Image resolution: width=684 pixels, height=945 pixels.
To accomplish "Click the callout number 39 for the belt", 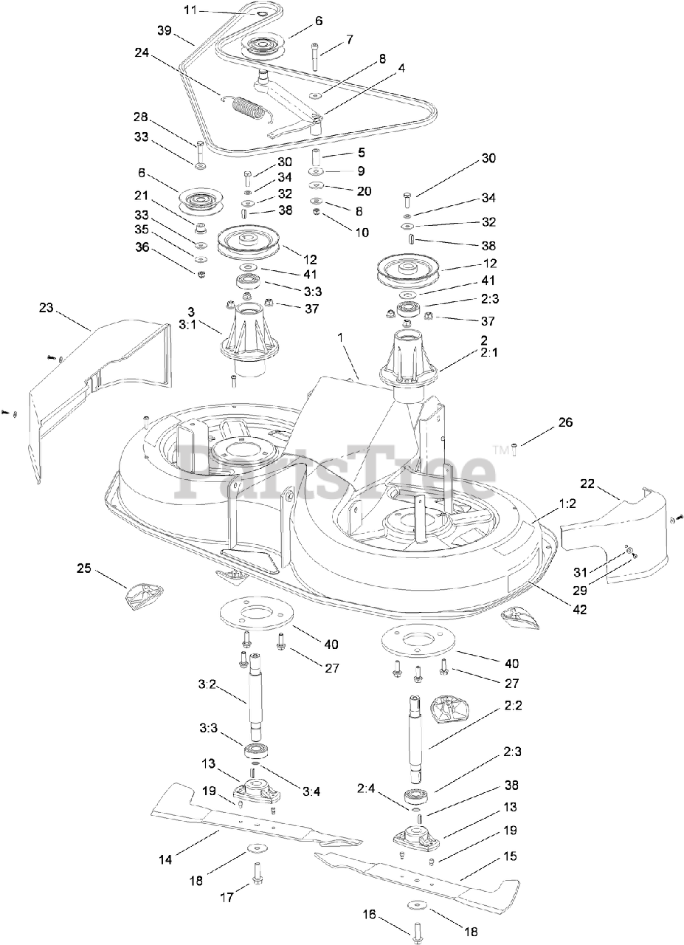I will coord(164,30).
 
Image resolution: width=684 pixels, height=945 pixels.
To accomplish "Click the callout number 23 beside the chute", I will coord(46,308).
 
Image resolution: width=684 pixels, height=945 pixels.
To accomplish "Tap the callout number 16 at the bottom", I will coord(369,915).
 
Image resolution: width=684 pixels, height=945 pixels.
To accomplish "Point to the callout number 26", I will coord(565,423).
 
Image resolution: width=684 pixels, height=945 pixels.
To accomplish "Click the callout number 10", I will coord(362,232).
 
